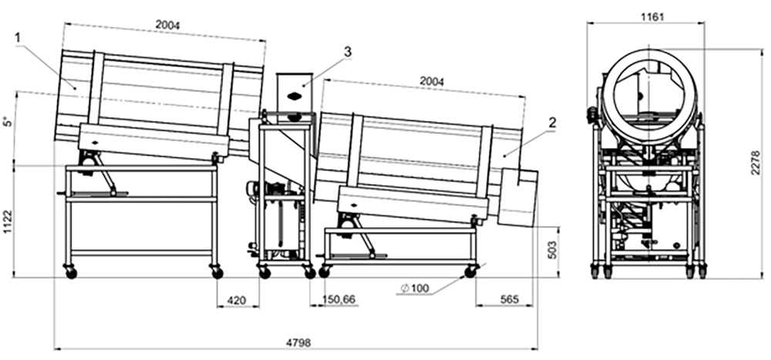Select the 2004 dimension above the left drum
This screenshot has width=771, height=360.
pos(167,25)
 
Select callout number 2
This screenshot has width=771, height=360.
pos(551,122)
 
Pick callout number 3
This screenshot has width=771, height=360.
pos(348,51)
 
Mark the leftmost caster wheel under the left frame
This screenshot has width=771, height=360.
pos(71,273)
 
